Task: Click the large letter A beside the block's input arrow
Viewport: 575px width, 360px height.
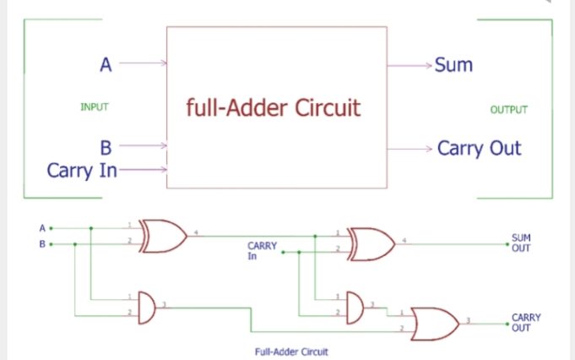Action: coord(106,63)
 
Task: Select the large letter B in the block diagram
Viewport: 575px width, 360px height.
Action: coord(106,147)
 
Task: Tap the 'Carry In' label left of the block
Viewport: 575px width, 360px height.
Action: coord(82,170)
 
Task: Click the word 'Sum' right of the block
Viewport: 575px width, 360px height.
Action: coord(453,65)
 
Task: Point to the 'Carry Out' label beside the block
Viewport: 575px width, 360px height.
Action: coord(479,149)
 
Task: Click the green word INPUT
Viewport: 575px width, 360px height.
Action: coord(95,107)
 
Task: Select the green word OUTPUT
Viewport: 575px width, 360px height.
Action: coord(508,110)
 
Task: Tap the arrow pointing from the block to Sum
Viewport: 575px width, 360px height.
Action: coord(410,65)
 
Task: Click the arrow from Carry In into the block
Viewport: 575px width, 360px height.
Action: coord(144,170)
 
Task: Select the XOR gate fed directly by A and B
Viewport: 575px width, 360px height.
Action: coord(165,236)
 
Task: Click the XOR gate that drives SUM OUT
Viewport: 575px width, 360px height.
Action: coord(372,244)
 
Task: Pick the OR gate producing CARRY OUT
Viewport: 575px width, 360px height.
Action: coord(435,323)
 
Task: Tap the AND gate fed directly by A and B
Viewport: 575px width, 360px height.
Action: coord(146,306)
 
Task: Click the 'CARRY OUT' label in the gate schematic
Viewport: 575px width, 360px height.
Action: coord(525,323)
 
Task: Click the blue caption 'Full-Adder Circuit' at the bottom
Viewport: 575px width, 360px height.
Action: coord(290,351)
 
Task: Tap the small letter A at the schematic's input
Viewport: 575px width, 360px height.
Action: coord(41,227)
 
